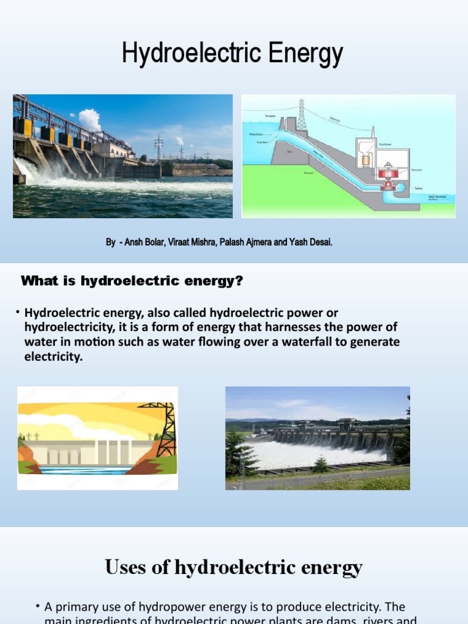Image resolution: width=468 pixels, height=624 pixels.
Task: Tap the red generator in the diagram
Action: coord(387,172)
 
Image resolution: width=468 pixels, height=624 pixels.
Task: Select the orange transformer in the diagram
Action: coord(366,160)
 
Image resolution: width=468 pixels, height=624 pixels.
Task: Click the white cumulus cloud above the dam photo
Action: coord(90,119)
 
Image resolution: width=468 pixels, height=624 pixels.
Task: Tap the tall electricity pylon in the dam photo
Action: coord(158,148)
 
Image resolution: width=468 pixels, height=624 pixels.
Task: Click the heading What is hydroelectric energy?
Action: coord(132,281)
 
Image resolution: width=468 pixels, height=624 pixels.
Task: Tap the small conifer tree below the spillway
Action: coord(321,464)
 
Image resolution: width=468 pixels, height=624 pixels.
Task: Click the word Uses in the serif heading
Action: coord(127,568)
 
